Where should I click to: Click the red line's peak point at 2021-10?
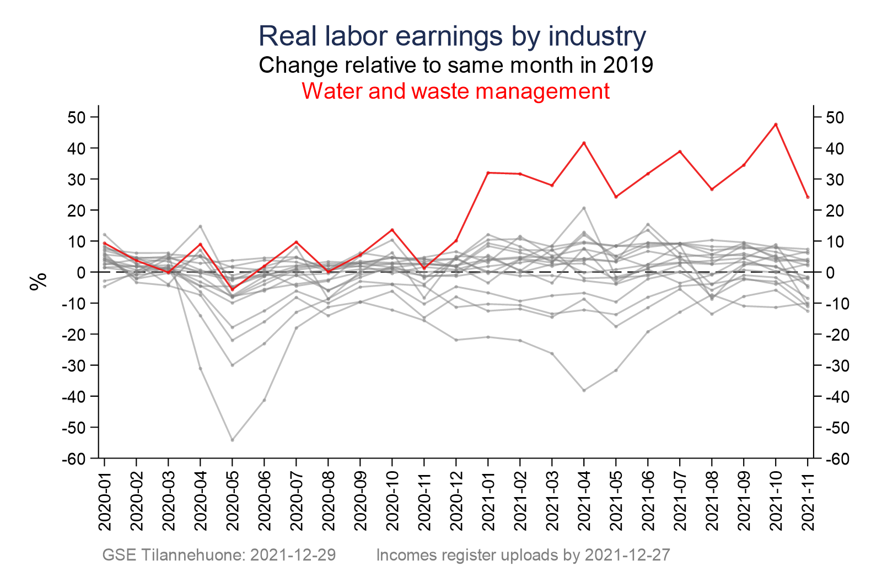pyautogui.click(x=776, y=125)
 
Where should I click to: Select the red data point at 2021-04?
pyautogui.click(x=584, y=143)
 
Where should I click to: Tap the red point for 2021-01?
pyautogui.click(x=488, y=173)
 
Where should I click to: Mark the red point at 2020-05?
pyautogui.click(x=232, y=289)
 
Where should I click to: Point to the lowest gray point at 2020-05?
pyautogui.click(x=232, y=440)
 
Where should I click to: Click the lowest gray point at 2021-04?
pyautogui.click(x=584, y=390)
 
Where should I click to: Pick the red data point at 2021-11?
pyautogui.click(x=808, y=197)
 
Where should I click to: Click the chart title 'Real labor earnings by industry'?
pyautogui.click(x=452, y=36)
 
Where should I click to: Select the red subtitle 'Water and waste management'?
pyautogui.click(x=455, y=91)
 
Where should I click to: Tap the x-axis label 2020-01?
pyautogui.click(x=105, y=501)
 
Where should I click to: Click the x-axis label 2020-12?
pyautogui.click(x=456, y=501)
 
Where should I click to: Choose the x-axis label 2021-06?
pyautogui.click(x=648, y=501)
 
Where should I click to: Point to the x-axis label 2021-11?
pyautogui.click(x=808, y=501)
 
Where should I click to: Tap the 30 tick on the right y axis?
pyautogui.click(x=832, y=179)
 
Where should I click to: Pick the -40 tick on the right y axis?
pyautogui.click(x=835, y=396)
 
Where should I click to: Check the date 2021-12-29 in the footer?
pyautogui.click(x=293, y=555)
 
